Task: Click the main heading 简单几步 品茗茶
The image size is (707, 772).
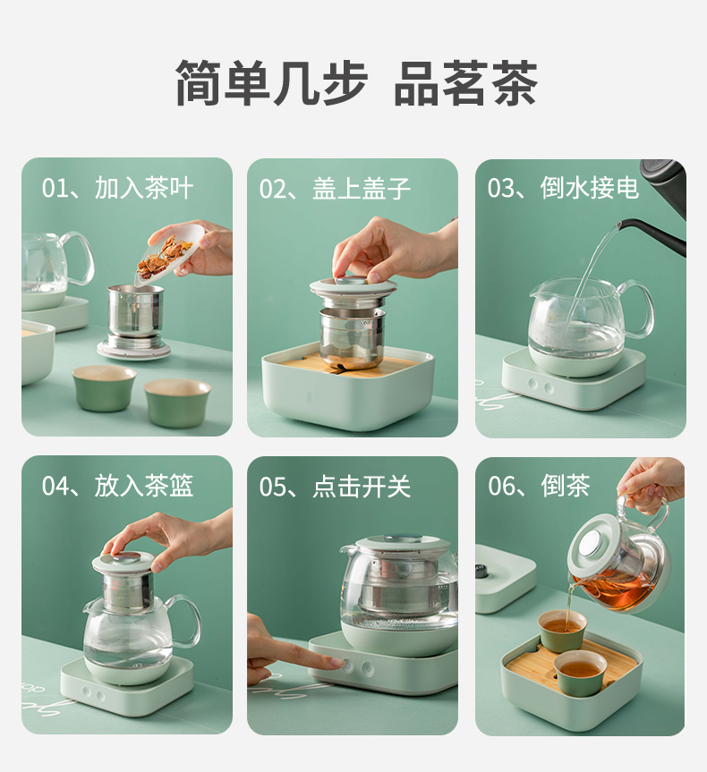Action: click(x=355, y=82)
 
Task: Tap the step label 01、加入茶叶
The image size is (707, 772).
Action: click(x=117, y=188)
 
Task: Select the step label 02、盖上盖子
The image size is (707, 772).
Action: click(x=335, y=188)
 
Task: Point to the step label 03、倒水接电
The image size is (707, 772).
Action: click(x=563, y=188)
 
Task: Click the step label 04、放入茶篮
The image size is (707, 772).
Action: click(x=117, y=486)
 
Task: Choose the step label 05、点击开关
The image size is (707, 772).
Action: click(x=335, y=487)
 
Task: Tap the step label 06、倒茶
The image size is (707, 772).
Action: click(x=539, y=486)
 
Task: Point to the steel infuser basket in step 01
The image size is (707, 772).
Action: click(x=135, y=311)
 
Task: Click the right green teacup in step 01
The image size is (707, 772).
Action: click(x=177, y=402)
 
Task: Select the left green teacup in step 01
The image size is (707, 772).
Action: click(x=104, y=388)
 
